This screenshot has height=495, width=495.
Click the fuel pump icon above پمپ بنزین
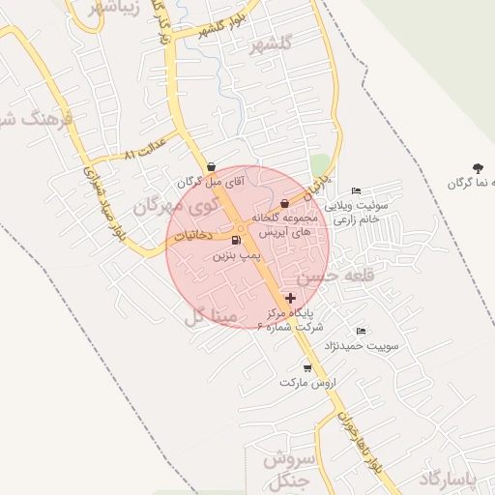click(x=237, y=241)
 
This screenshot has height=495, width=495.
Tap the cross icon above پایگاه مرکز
click(x=291, y=297)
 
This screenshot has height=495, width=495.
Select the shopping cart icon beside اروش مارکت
click(x=307, y=368)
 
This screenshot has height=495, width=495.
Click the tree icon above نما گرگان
click(x=478, y=167)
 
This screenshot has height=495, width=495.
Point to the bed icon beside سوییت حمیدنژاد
click(x=362, y=332)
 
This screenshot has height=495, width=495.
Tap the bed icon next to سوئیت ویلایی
click(x=356, y=190)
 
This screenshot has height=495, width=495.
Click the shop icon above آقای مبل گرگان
click(x=211, y=166)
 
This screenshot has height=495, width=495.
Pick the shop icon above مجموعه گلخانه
click(x=284, y=203)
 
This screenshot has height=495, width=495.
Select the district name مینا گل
click(x=208, y=314)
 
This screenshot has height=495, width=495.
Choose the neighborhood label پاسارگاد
click(x=451, y=479)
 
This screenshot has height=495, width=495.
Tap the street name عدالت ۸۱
click(x=145, y=150)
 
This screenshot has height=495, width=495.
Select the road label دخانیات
click(x=199, y=236)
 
